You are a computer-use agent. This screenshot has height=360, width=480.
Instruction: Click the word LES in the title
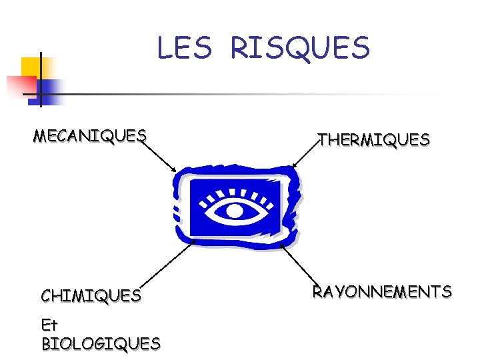184,48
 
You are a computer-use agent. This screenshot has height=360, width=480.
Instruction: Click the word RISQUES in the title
299,48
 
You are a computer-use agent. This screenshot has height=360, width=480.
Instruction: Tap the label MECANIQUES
90,136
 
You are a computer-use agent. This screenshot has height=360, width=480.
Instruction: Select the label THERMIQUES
374,140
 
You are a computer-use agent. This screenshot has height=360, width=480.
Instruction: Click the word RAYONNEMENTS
382,291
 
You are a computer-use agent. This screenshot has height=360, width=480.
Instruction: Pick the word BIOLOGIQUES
101,344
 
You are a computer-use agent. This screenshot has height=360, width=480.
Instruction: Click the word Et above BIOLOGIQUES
50,326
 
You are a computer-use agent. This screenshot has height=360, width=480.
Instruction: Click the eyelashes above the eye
237,193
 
